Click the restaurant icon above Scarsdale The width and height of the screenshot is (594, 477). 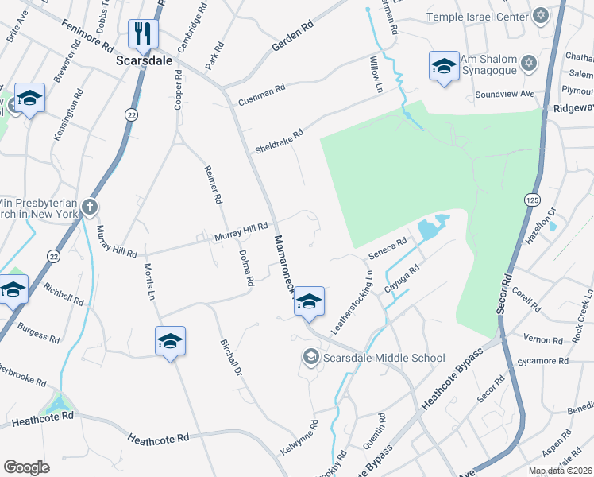[144, 33]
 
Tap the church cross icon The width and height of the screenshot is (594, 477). [90, 207]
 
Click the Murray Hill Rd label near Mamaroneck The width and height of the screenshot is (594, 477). [241, 232]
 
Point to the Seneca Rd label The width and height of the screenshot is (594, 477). [388, 248]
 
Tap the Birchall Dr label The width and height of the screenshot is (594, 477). [229, 358]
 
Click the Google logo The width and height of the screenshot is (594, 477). [26, 467]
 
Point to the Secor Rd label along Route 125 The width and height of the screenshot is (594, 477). [504, 293]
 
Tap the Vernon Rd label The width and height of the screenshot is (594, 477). [543, 339]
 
